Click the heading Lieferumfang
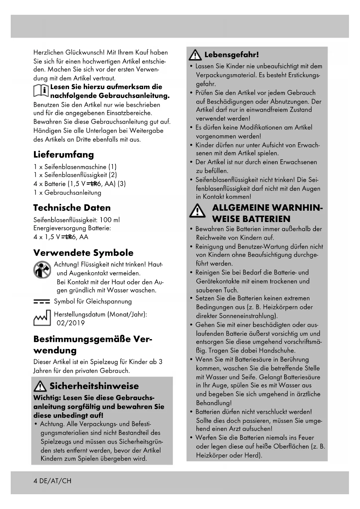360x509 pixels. click(x=64, y=154)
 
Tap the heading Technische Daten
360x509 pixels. click(x=72, y=208)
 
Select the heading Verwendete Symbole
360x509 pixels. click(x=83, y=253)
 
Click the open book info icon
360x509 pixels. click(x=41, y=91)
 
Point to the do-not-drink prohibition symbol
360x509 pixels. click(x=42, y=269)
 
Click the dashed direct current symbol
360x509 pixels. click(x=41, y=302)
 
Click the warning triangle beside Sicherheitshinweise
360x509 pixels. click(x=40, y=387)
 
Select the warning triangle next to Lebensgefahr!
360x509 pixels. click(x=195, y=55)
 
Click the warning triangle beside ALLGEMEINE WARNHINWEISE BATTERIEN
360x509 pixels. click(x=197, y=211)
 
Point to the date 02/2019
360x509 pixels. click(x=71, y=323)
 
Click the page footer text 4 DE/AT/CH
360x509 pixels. click(x=52, y=481)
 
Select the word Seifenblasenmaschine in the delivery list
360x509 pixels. click(x=75, y=167)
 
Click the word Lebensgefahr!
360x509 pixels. click(x=231, y=55)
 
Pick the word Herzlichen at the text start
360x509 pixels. click(x=48, y=53)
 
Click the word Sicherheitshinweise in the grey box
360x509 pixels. click(x=94, y=386)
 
